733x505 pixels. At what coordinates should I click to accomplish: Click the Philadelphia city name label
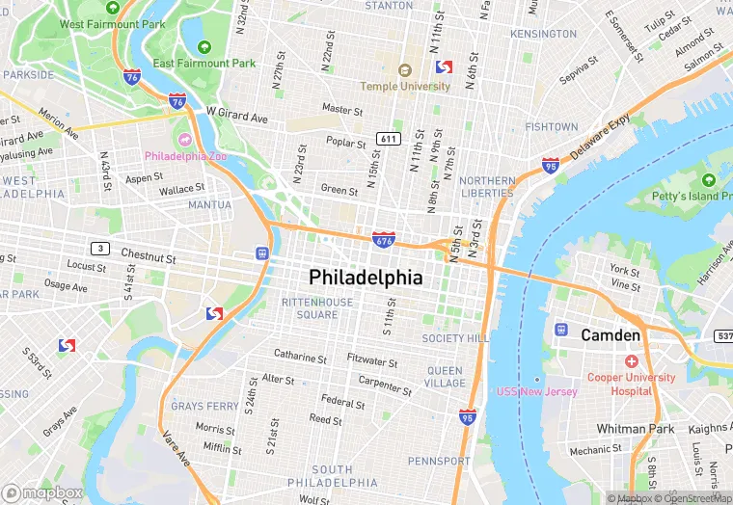366,278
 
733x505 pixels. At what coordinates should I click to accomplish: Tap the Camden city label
610,335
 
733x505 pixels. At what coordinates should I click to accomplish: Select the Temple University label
405,86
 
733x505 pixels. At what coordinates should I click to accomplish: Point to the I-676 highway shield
382,238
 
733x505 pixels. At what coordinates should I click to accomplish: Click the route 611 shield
389,139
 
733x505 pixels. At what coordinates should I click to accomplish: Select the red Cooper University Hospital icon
632,361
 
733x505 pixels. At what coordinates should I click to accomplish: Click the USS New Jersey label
537,391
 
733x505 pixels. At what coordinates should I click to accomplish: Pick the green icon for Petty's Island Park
709,180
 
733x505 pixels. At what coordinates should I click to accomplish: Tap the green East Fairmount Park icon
204,46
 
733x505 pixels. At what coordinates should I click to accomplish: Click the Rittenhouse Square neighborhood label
316,308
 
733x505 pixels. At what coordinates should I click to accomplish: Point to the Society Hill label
455,338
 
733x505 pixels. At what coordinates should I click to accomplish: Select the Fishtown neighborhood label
552,127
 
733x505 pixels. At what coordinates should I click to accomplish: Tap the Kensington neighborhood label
542,34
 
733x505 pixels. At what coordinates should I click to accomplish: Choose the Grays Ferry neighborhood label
200,407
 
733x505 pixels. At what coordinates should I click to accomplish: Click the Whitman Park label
635,428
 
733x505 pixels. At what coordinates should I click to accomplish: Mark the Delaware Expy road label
598,135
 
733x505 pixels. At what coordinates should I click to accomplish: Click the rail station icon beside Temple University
444,67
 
